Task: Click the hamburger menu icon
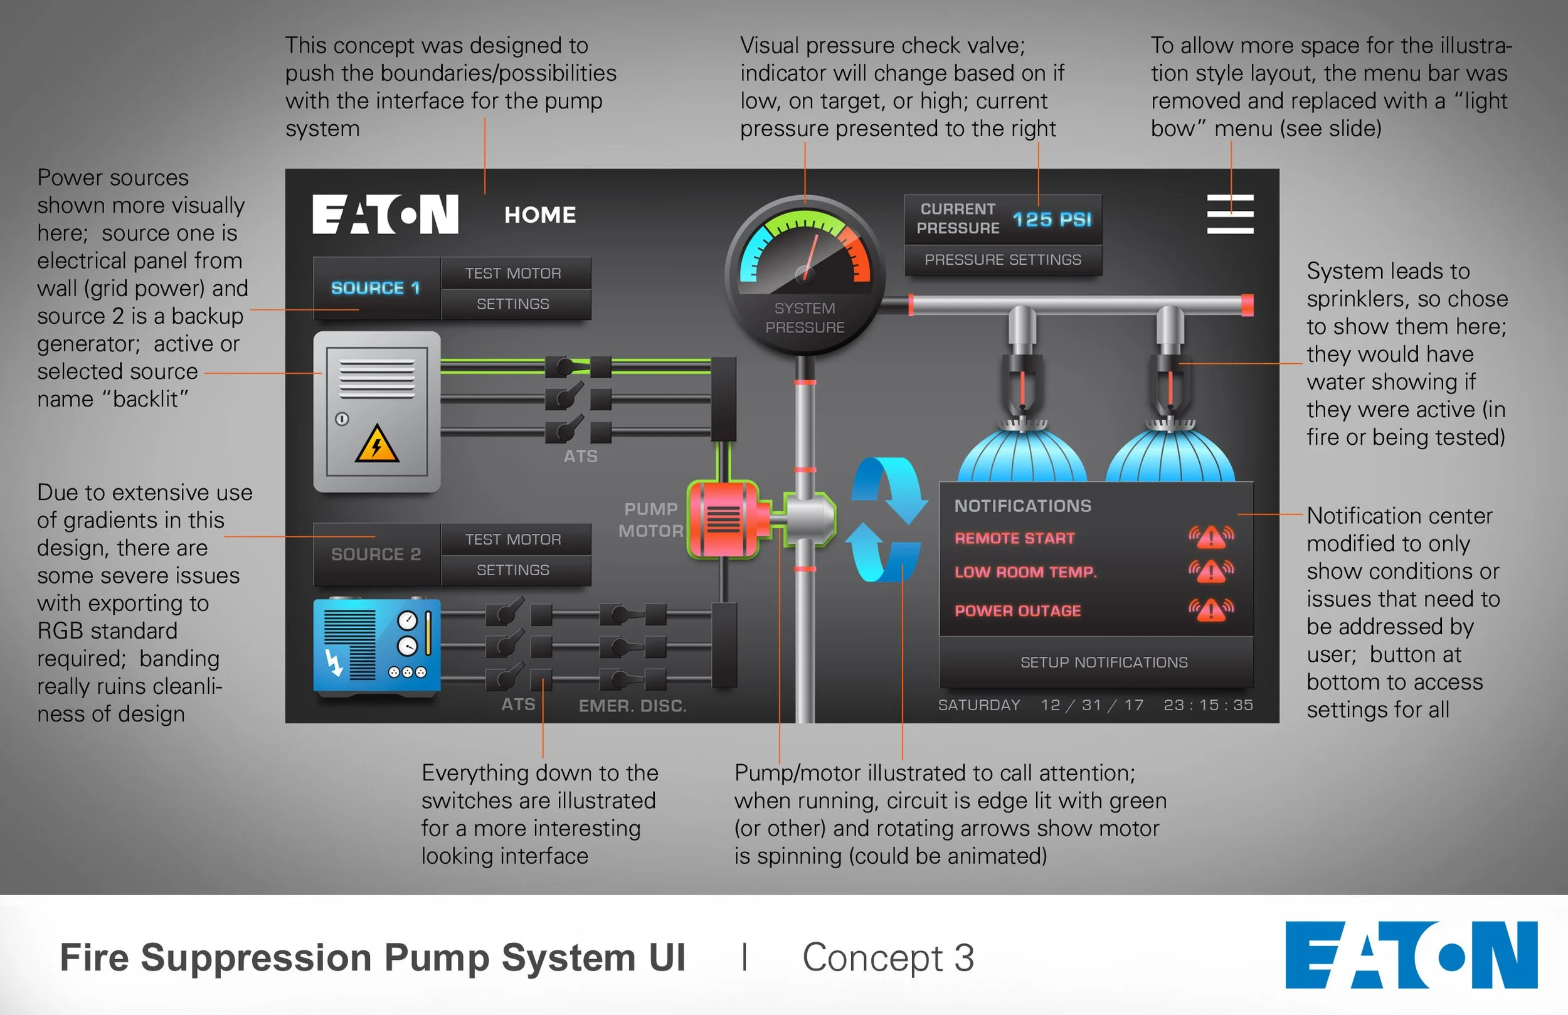[1229, 213]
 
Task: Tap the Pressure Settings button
[1002, 260]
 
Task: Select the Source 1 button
[376, 288]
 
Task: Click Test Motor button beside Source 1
[513, 273]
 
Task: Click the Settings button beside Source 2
[513, 570]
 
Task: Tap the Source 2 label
[376, 555]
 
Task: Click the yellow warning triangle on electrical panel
[376, 444]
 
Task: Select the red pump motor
[724, 519]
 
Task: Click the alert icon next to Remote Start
[1211, 537]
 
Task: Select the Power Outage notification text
[1017, 611]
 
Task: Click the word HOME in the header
[540, 215]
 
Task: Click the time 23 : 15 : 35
[1207, 705]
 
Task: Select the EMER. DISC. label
[632, 706]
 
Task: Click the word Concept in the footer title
[872, 958]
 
